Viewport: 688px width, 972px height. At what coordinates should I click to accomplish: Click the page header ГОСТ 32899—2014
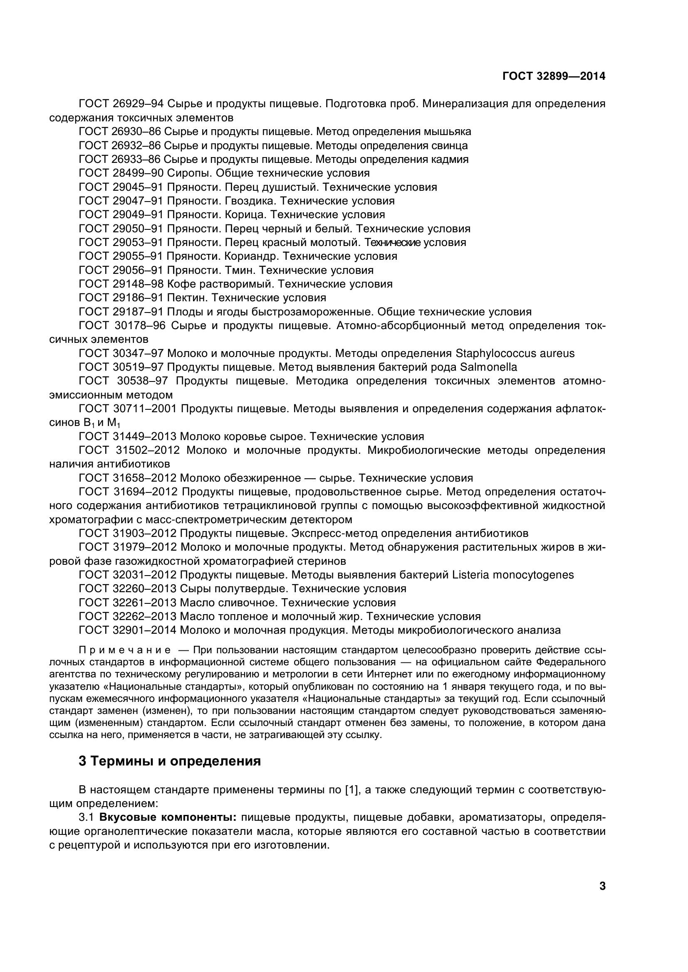click(553, 76)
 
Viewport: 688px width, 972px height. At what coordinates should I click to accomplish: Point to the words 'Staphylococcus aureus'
click(515, 353)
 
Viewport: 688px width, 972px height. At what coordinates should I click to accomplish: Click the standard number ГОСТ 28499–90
click(121, 173)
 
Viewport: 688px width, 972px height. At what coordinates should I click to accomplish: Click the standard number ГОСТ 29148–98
click(121, 284)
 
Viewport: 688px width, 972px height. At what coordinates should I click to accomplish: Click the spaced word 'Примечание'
click(124, 650)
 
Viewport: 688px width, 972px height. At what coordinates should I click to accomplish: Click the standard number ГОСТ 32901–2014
click(128, 630)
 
